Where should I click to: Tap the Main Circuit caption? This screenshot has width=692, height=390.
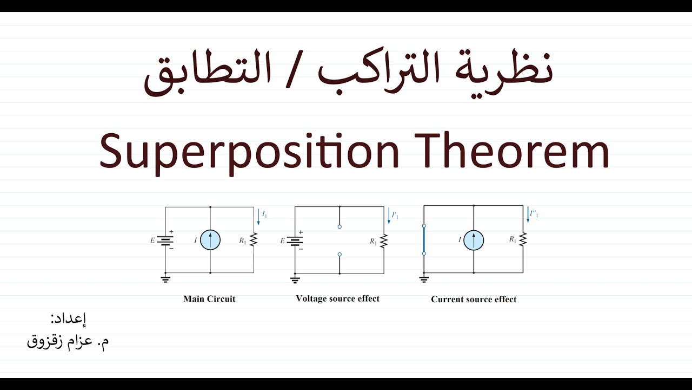pos(209,298)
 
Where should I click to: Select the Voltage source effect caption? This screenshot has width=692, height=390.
pos(337,298)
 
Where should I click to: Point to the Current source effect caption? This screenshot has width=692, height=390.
pos(474,299)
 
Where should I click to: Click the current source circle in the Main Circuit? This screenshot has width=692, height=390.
pos(210,240)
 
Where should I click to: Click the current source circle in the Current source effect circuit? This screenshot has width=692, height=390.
pos(474,240)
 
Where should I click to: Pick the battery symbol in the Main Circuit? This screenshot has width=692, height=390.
pos(165,240)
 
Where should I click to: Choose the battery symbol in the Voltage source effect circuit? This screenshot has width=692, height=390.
pos(295,240)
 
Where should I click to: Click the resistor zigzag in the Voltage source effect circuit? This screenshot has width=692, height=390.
pos(384,240)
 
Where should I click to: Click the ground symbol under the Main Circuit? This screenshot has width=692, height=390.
pos(165,279)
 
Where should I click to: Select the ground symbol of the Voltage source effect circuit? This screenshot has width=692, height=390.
pos(295,279)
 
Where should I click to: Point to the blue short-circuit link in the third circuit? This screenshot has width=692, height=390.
pos(424,239)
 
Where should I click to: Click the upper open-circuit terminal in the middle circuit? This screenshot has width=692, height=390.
pos(340,227)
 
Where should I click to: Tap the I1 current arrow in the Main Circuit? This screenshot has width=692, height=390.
pos(258,217)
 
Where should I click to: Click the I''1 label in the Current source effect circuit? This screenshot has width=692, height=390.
pos(534,214)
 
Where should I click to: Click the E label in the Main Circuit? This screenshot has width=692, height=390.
pos(152,240)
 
